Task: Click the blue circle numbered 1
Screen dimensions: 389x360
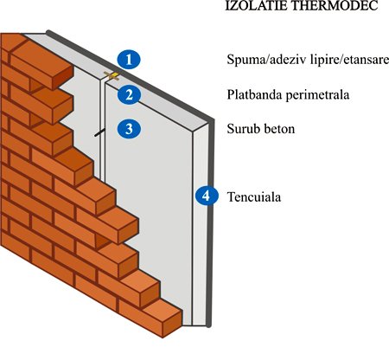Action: (x=129, y=60)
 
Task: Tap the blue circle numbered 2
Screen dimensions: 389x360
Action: (x=129, y=94)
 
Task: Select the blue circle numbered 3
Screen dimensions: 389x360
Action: (x=129, y=128)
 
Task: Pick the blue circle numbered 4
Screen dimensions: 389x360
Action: (x=207, y=196)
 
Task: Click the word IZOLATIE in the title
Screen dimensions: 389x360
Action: (x=257, y=5)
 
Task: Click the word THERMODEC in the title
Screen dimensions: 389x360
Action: (x=335, y=5)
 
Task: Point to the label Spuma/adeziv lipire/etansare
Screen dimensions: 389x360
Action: (x=308, y=60)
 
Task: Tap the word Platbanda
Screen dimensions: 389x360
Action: (x=255, y=94)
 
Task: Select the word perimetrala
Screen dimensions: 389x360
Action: (x=317, y=95)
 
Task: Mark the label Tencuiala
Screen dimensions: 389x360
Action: (x=254, y=197)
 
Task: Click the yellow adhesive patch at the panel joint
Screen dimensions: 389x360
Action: (x=112, y=76)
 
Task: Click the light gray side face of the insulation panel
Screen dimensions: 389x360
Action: (x=200, y=225)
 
